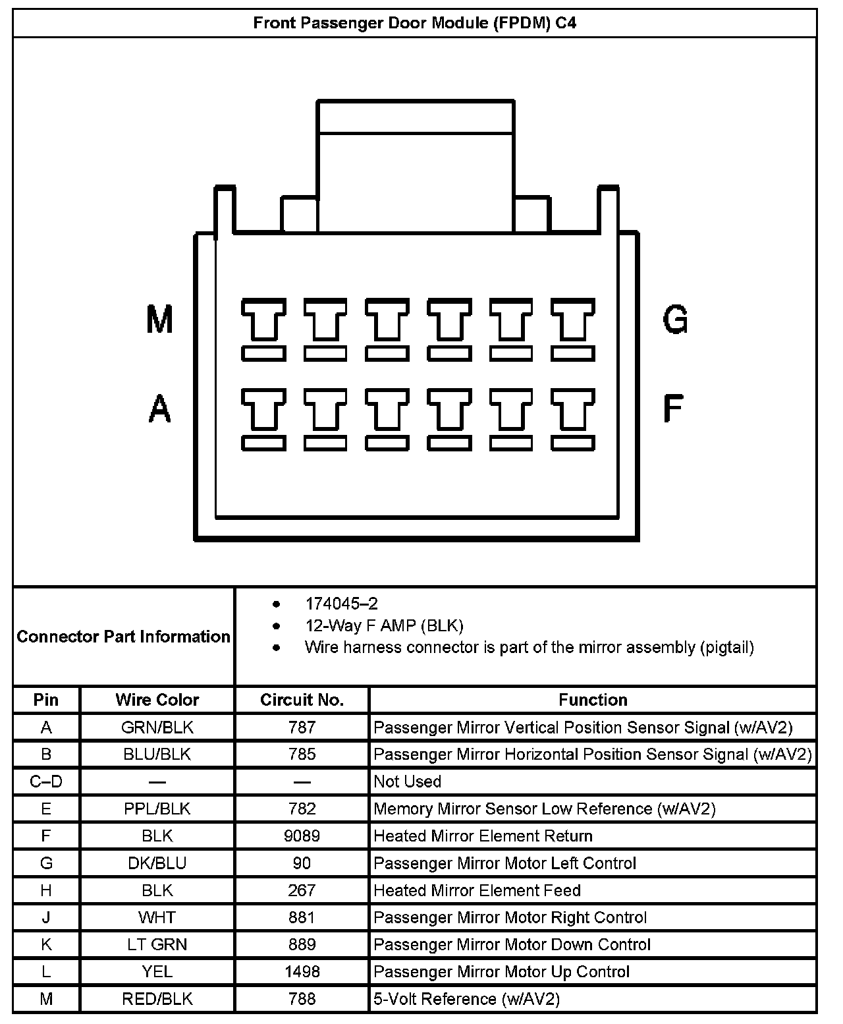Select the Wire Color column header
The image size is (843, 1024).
point(157,700)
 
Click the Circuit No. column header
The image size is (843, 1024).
point(302,700)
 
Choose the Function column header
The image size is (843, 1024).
point(593,700)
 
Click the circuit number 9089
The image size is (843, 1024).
point(302,836)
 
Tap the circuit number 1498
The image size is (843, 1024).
point(302,972)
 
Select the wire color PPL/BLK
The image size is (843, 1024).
point(157,809)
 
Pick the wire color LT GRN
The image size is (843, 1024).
point(157,944)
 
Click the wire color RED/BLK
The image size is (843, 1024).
point(157,999)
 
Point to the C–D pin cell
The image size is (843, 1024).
point(46,782)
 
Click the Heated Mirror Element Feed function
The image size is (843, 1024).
point(477,890)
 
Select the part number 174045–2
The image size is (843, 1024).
point(341,604)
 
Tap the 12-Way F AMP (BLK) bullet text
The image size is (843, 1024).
point(384,625)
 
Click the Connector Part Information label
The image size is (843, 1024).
point(123,637)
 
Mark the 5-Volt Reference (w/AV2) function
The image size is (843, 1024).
point(466,999)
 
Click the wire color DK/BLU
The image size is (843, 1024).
point(157,863)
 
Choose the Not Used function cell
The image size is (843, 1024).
point(407,782)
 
